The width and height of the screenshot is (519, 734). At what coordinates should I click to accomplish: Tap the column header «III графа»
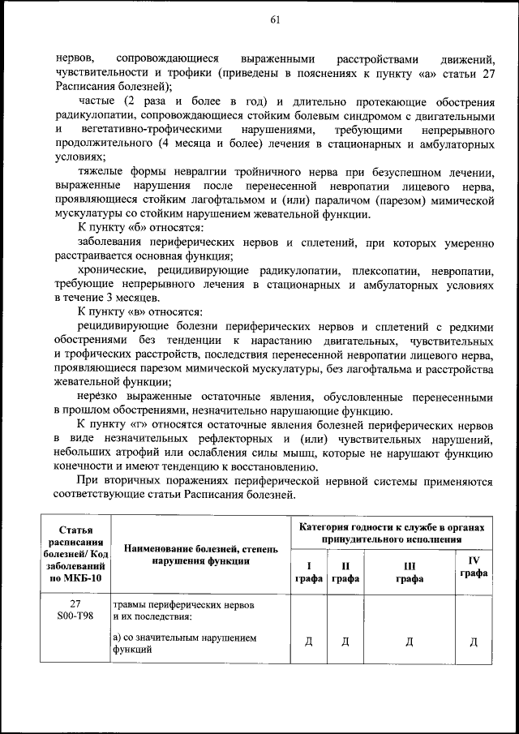[x=409, y=573]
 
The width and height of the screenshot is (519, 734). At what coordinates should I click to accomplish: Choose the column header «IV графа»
[x=474, y=566]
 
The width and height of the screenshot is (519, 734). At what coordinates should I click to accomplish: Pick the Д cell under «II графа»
[x=345, y=642]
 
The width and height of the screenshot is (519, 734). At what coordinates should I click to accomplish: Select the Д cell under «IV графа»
[x=474, y=642]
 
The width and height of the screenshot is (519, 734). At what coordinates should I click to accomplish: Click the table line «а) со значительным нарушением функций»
[x=185, y=643]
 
